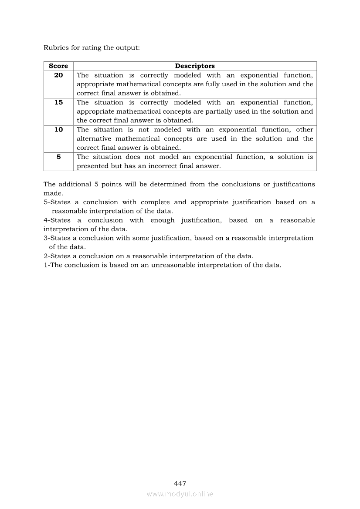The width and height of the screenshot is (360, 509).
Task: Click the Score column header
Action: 58,66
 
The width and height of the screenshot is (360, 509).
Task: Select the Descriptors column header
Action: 195,66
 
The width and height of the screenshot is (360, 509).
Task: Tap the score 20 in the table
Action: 58,75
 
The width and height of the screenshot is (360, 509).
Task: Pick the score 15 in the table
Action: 58,102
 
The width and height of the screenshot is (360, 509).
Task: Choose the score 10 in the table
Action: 58,129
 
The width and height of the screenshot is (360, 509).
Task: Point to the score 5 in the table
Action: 58,157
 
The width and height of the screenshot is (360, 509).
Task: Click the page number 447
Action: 180,483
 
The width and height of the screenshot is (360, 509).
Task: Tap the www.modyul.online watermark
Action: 180,494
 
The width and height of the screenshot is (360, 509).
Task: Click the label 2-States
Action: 57,256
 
